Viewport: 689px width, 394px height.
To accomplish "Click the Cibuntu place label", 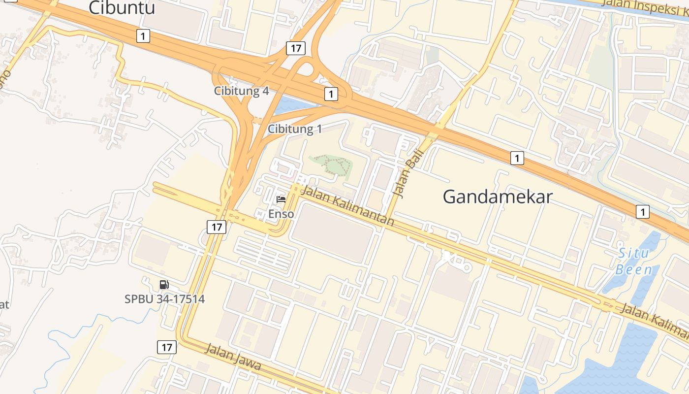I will tap(122, 8).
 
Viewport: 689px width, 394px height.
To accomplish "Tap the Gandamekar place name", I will tap(498, 197).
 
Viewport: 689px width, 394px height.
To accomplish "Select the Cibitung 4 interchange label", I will tap(242, 91).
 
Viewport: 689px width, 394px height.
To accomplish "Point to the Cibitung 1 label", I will tap(295, 129).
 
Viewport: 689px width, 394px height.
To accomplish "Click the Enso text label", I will tap(281, 214).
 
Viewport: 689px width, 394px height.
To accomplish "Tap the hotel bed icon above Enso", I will tap(281, 199).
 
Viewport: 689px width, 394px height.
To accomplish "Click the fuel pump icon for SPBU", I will tap(164, 285).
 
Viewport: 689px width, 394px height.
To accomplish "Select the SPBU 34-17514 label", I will tap(164, 299).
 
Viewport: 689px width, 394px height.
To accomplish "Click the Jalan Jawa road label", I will tap(232, 358).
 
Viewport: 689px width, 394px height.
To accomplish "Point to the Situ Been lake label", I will tap(634, 262).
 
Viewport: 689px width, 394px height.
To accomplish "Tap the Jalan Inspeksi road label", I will tap(645, 7).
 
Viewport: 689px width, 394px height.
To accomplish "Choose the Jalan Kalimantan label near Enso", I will tap(347, 206).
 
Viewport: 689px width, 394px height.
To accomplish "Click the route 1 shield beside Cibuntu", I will tap(143, 35).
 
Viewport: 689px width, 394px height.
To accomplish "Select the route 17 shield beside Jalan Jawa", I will tap(167, 347).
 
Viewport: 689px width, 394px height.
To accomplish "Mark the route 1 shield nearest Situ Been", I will tap(642, 212).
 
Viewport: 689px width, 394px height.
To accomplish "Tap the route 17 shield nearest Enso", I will tap(216, 227).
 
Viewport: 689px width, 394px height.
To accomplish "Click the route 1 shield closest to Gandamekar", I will tap(517, 158).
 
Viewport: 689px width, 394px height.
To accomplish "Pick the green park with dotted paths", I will tap(331, 165).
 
